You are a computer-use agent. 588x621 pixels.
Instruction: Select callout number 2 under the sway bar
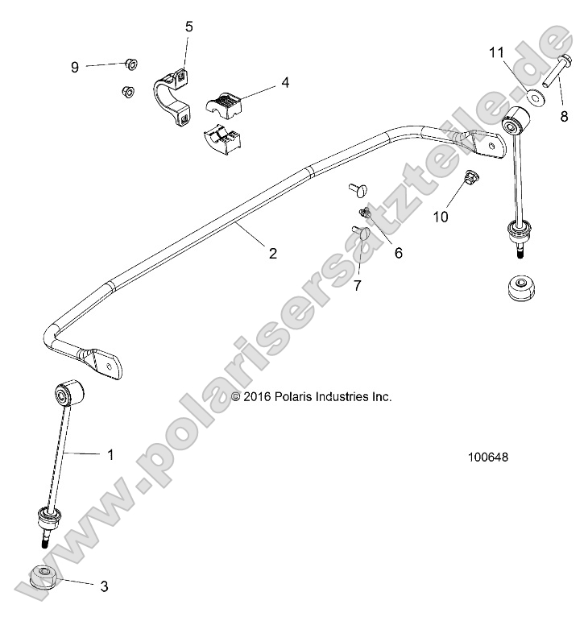(x=273, y=253)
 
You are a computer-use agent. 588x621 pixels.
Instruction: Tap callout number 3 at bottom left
(x=104, y=586)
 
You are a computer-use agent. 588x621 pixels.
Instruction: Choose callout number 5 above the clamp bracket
(x=189, y=27)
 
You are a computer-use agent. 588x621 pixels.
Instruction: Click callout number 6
(x=398, y=253)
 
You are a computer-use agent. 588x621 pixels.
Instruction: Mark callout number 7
(x=358, y=284)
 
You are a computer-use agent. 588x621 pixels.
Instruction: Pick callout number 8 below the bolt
(x=564, y=116)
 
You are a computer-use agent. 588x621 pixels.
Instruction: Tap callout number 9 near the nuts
(x=75, y=67)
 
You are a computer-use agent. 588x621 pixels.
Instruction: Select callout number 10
(x=441, y=215)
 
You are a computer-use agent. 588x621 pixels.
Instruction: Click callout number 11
(x=496, y=52)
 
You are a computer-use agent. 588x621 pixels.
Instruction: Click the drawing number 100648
(x=487, y=457)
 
